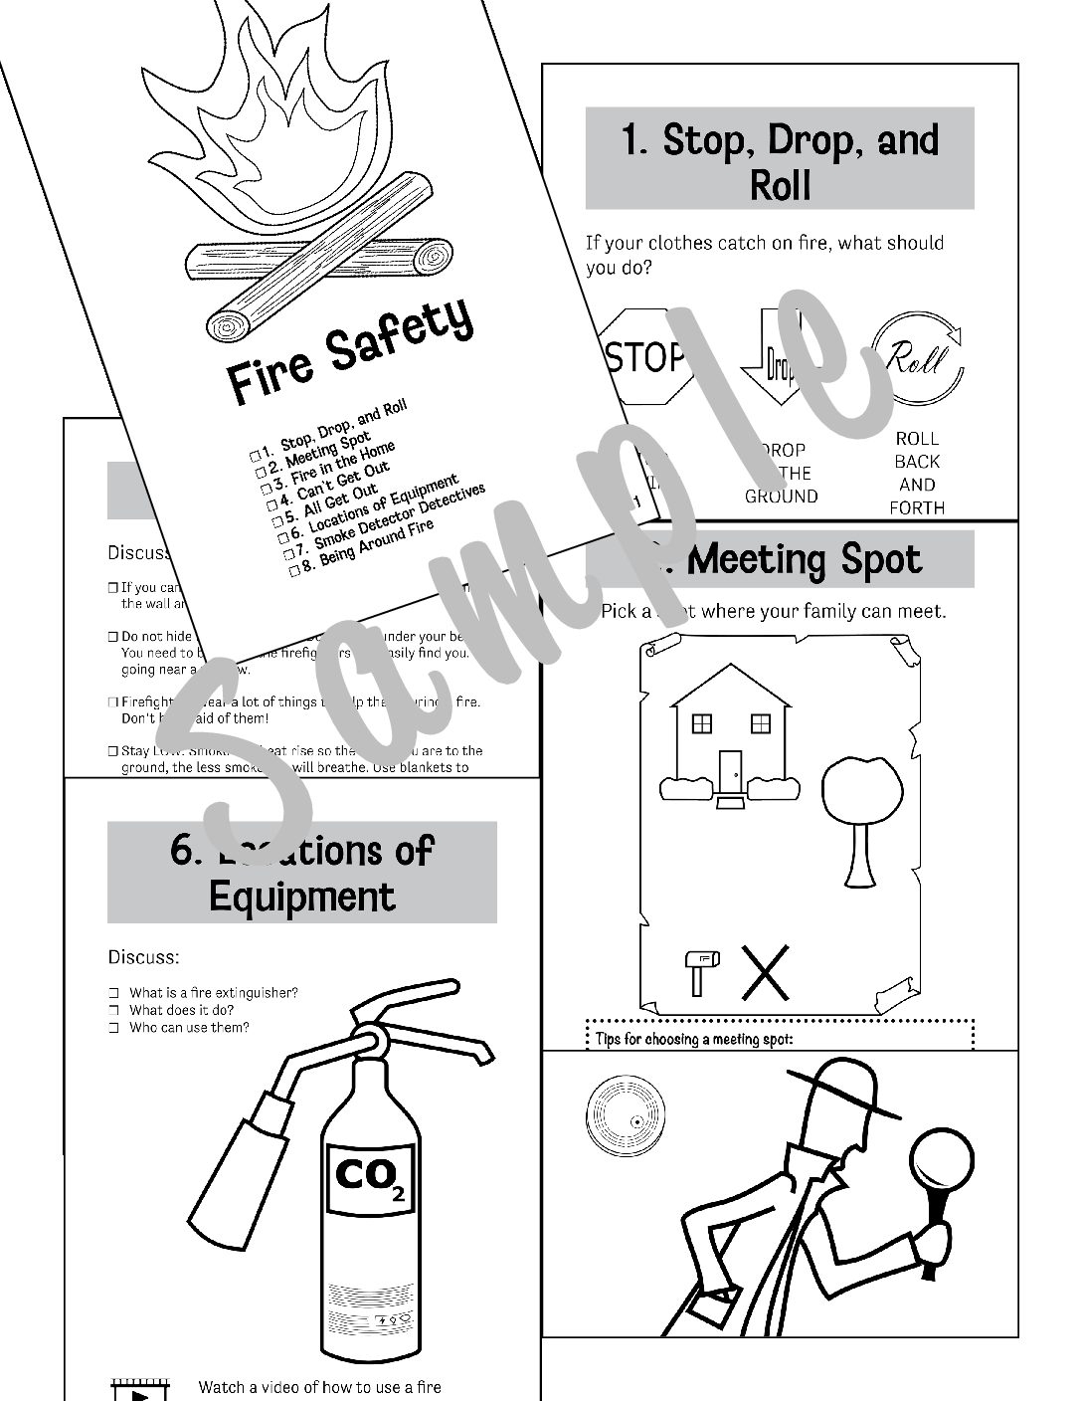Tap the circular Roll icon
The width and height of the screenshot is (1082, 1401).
[917, 358]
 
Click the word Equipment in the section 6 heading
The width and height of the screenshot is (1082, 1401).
[302, 896]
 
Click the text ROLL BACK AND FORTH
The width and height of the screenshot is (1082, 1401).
[917, 473]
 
